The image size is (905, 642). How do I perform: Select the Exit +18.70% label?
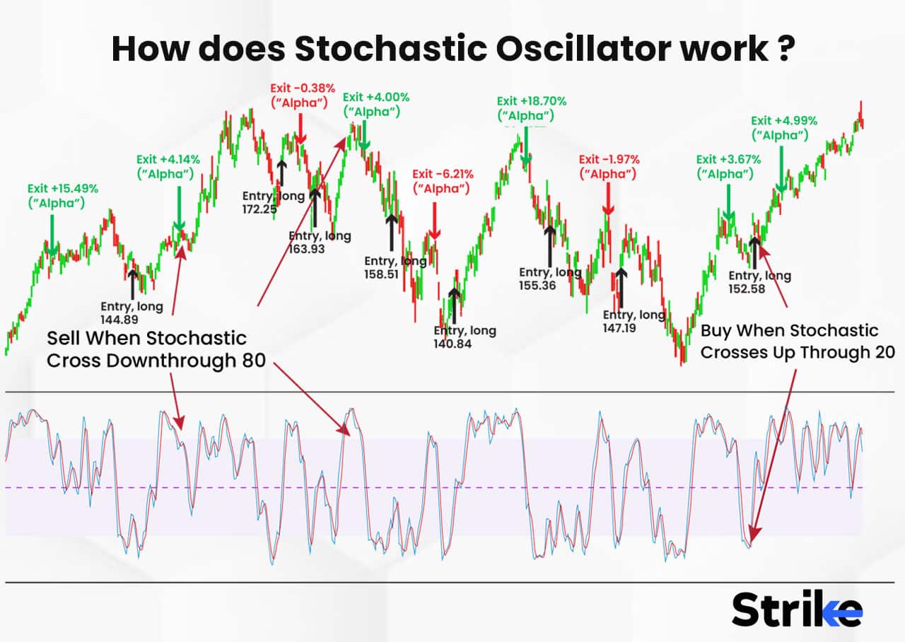coord(532,101)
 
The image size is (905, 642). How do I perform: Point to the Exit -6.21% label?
coord(443,174)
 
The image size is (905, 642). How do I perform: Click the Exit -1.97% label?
coord(609,159)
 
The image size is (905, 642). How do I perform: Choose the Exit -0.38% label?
coord(302,88)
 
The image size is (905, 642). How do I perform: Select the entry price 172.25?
coord(259,209)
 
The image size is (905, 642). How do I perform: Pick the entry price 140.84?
coord(453,344)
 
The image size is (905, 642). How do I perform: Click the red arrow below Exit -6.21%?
coord(435,221)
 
